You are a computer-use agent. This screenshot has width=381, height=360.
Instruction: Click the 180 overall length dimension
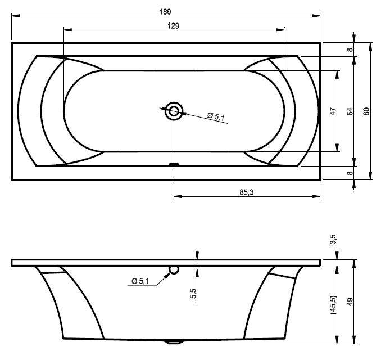[165, 12]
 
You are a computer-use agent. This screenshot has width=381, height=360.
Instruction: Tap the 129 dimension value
[174, 25]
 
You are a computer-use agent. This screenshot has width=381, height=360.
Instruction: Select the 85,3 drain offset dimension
[247, 192]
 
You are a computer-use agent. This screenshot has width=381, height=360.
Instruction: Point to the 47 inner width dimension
[334, 111]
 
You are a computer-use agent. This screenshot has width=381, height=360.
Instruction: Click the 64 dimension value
[350, 111]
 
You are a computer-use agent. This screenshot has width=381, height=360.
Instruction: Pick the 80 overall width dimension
[366, 111]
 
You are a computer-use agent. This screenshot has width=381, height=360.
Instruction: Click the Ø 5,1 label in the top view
[216, 116]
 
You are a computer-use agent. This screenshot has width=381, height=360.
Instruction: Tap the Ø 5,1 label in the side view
[140, 281]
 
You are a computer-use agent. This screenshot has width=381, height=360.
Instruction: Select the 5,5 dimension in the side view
[193, 294]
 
